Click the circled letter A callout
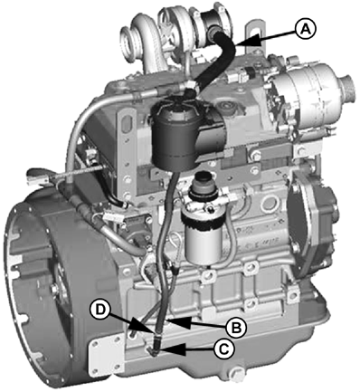pos(305,29)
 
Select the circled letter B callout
pos(236,327)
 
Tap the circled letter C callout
pos(223,349)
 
